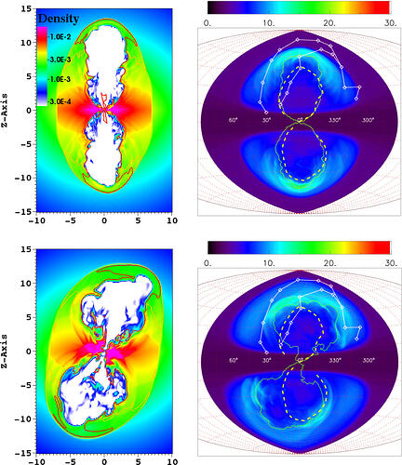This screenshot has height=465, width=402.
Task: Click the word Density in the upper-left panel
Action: tap(59, 19)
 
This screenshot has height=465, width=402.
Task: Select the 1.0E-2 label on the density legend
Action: tap(60, 37)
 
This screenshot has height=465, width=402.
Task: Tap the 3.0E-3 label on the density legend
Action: tap(60, 60)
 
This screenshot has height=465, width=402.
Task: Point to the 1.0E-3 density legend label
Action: tap(60, 79)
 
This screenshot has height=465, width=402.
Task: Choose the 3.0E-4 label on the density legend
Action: tap(60, 101)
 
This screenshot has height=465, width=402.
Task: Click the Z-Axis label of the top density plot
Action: tap(6, 111)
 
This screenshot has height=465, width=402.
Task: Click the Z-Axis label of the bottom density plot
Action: tap(6, 351)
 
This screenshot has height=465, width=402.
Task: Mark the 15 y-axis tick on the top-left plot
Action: tap(26, 9)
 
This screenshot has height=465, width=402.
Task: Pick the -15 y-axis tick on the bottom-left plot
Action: tap(23, 453)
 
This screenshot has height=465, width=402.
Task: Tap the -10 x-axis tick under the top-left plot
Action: tap(36, 220)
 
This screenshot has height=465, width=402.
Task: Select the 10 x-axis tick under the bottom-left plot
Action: tap(172, 461)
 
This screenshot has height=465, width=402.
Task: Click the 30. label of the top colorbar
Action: tap(391, 23)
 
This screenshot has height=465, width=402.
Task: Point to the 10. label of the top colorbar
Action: tap(269, 23)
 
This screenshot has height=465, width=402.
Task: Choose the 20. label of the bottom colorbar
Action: tap(329, 263)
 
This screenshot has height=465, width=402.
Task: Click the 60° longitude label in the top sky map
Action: tap(234, 120)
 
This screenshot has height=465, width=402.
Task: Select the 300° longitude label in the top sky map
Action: tap(368, 120)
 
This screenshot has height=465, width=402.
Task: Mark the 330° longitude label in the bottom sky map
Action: tap(335, 360)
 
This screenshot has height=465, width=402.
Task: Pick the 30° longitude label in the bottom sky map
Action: tap(267, 360)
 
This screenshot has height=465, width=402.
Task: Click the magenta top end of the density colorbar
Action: tap(42, 29)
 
